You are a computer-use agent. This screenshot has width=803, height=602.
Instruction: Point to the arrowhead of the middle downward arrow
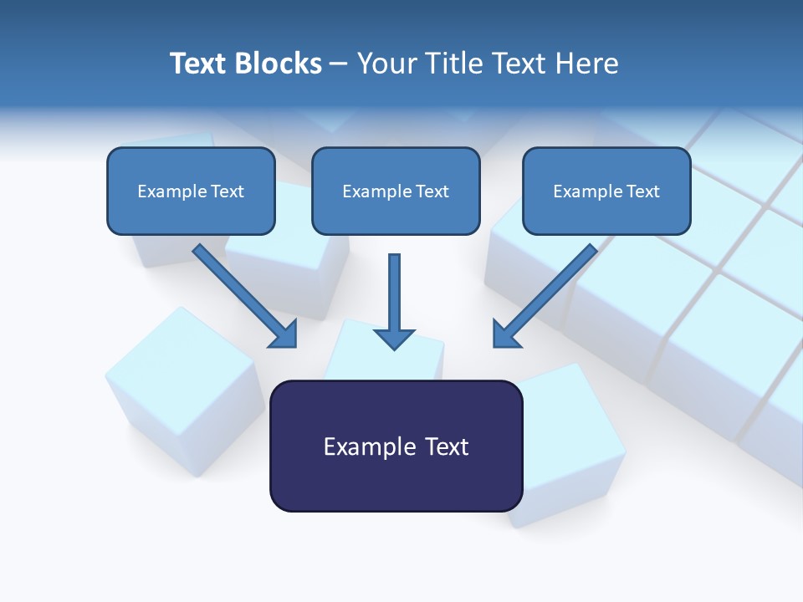click(394, 338)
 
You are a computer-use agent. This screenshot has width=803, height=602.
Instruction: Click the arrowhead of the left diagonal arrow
click(284, 334)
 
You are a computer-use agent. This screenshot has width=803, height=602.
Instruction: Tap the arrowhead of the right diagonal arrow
click(506, 334)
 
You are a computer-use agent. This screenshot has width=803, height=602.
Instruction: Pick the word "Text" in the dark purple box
click(448, 446)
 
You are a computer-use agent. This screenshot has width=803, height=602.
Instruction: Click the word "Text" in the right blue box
click(642, 191)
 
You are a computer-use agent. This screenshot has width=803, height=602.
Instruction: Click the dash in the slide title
click(340, 64)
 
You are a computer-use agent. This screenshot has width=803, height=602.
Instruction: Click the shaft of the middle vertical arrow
click(394, 288)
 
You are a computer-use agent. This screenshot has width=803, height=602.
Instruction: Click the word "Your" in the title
click(386, 64)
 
